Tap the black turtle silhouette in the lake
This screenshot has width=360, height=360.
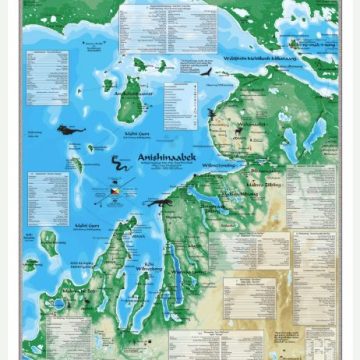click(70, 129)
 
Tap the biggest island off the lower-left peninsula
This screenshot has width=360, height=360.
click(47, 242)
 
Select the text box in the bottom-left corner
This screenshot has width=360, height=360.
click(41, 330)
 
